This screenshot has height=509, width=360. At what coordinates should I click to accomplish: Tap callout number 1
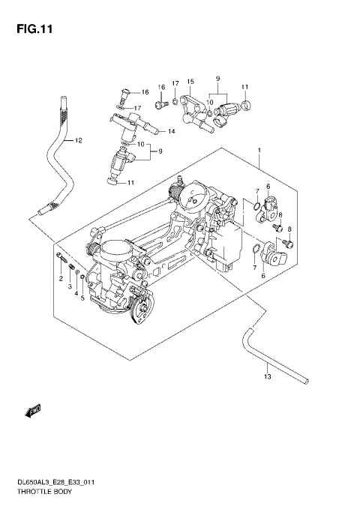coord(259,149)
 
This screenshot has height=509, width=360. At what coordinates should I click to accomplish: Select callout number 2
coord(61,279)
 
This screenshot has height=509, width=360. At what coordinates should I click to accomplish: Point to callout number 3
coord(70,286)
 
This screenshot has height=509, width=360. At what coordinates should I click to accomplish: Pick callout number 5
coord(82,298)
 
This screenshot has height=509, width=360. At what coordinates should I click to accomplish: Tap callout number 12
coord(78,140)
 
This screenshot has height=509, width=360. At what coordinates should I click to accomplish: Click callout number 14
coord(171,132)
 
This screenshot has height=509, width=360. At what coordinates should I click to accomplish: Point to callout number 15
coord(190,81)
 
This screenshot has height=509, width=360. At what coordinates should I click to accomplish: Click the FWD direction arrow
coord(32,409)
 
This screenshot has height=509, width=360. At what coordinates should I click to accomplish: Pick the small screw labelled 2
coord(59,259)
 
